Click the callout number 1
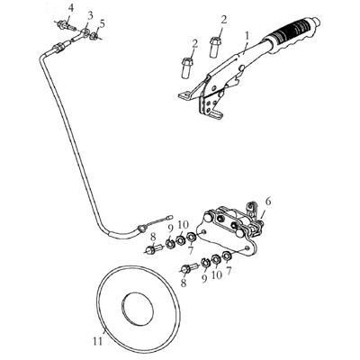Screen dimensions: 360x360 click(x=247, y=36)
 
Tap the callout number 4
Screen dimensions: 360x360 click(x=70, y=8)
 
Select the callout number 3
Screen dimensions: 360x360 click(x=90, y=17)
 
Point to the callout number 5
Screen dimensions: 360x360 click(x=103, y=24)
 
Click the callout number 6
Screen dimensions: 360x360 click(x=267, y=202)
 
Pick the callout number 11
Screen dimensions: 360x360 click(x=98, y=341)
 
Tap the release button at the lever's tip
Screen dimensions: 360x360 click(x=316, y=22)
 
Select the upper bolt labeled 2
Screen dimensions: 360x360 click(x=215, y=46)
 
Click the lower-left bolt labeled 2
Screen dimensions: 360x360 click(x=187, y=67)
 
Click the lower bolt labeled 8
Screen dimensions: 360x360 click(x=189, y=267)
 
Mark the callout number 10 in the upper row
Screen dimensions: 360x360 click(x=183, y=225)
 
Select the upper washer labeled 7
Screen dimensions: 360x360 click(x=191, y=237)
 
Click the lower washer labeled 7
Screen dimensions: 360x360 click(x=227, y=256)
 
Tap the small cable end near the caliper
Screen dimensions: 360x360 click(x=170, y=216)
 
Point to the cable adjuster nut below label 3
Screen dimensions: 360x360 click(x=58, y=48)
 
